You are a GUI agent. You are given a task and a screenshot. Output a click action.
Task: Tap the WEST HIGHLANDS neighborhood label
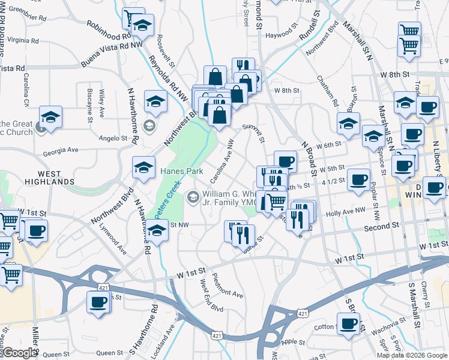click(x=50, y=177)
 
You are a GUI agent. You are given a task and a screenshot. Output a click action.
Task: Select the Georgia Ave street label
click(x=61, y=149)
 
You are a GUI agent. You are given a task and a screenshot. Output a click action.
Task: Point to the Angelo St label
click(x=113, y=138)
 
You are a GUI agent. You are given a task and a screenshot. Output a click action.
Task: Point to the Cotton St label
click(x=325, y=327)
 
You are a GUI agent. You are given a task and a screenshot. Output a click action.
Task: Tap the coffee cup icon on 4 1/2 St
click(x=359, y=179)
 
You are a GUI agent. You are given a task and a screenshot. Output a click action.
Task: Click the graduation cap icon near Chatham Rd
click(x=348, y=124)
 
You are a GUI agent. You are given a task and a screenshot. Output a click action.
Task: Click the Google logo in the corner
click(x=20, y=353)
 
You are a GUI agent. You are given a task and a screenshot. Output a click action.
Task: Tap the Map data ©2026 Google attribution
click(x=412, y=355)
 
